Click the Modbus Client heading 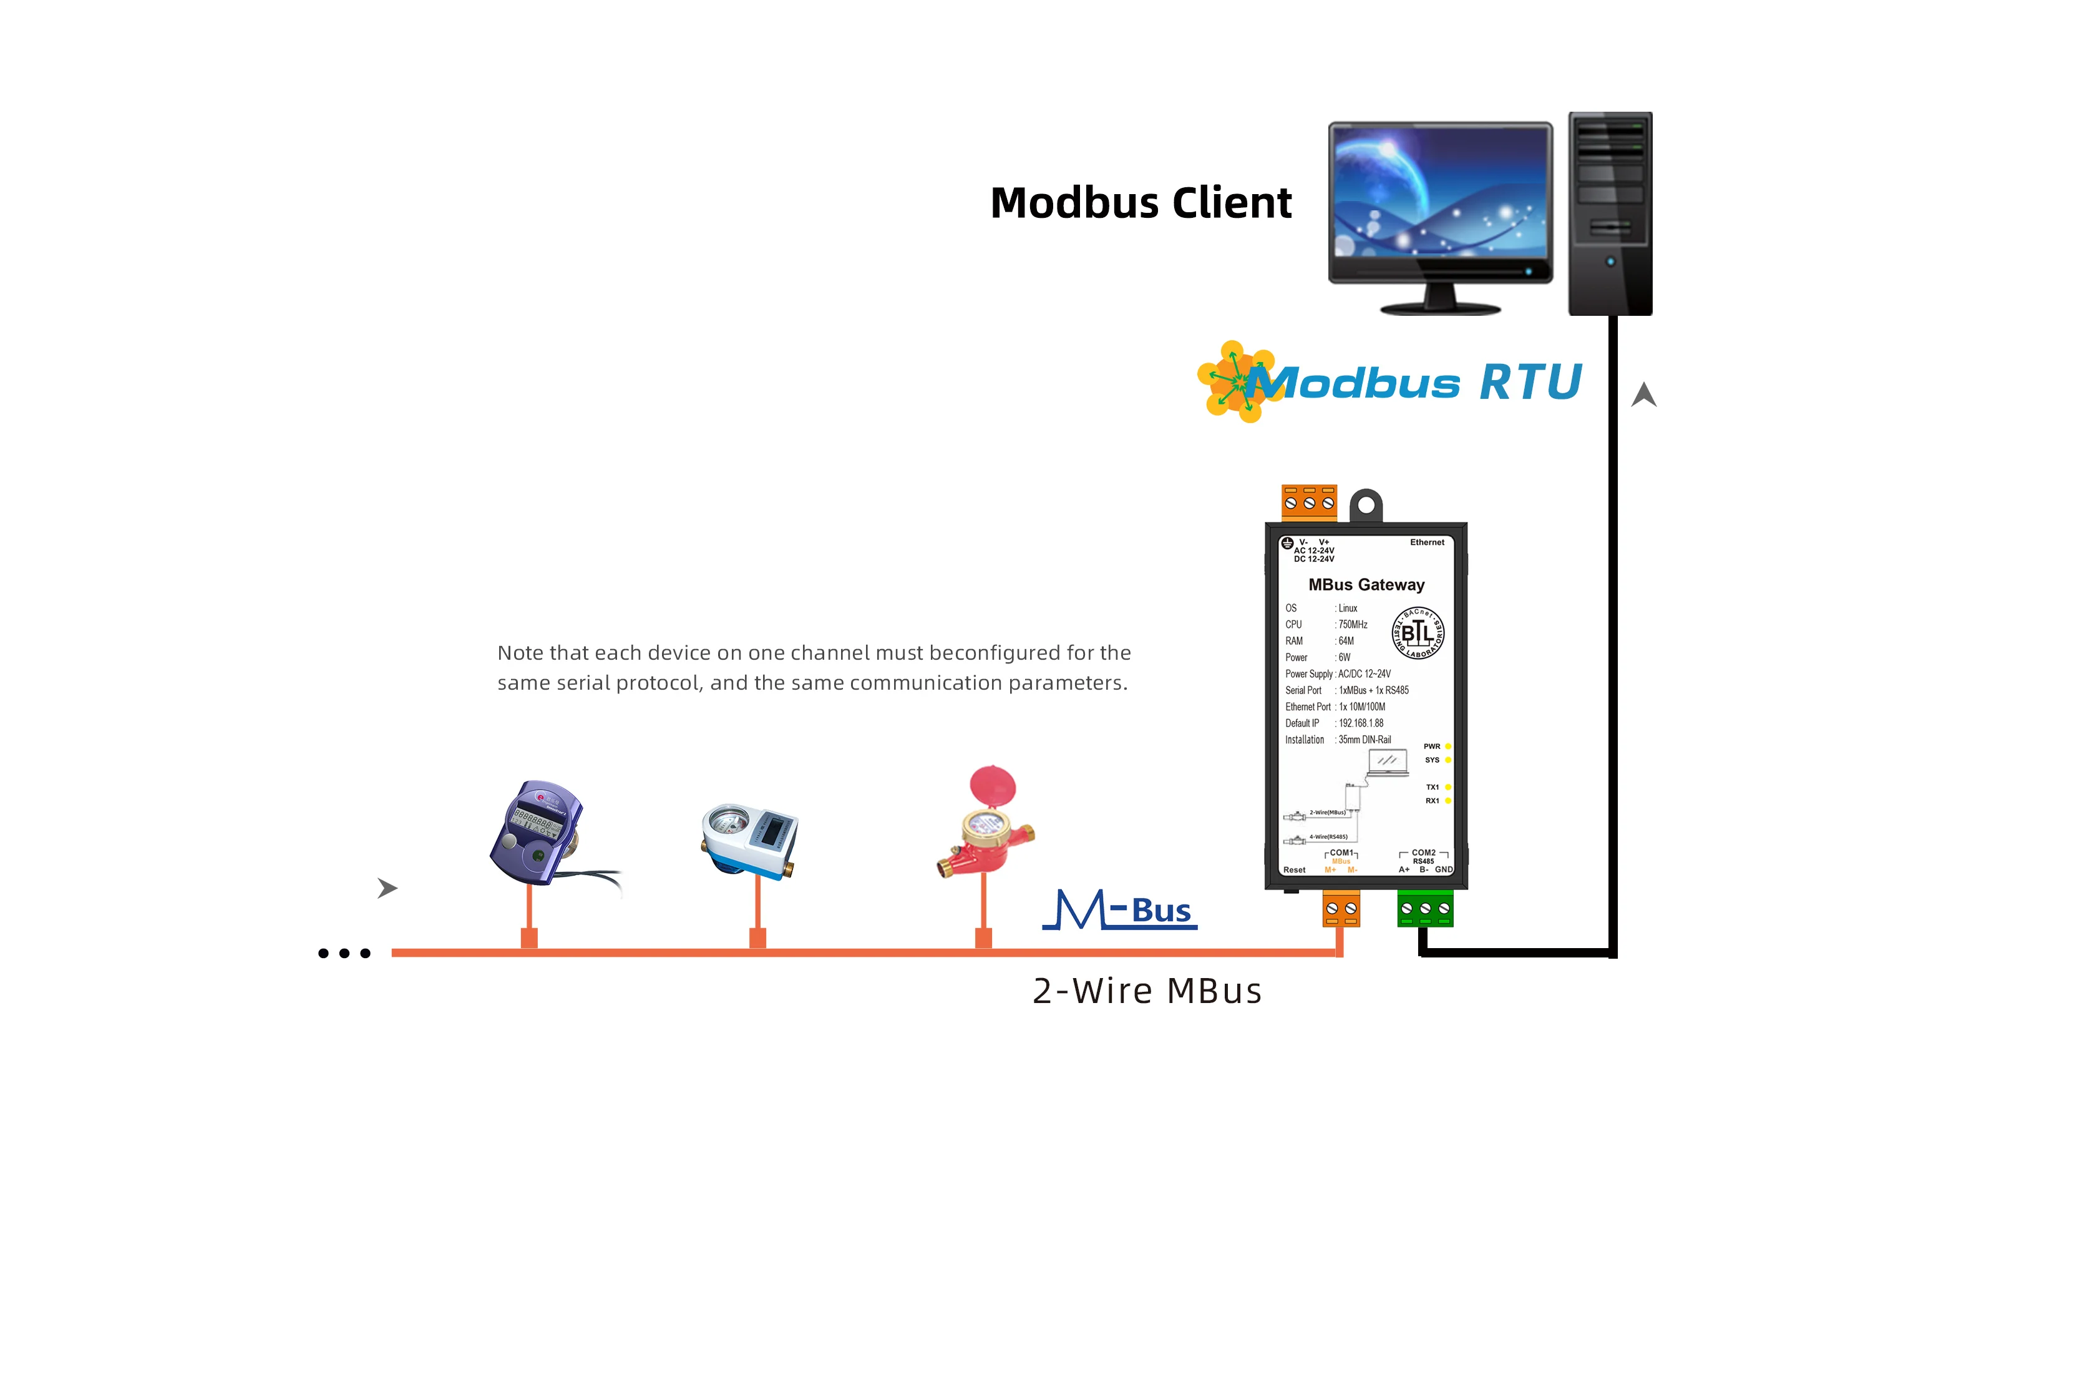[x=1140, y=203]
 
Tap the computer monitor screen [x=1439, y=192]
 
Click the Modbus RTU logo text [x=1414, y=383]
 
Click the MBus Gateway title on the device [x=1366, y=585]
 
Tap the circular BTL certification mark [x=1418, y=633]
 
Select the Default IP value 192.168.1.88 [x=1361, y=723]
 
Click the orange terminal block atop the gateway [x=1308, y=501]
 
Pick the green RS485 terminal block [x=1424, y=909]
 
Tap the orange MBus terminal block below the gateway [x=1341, y=909]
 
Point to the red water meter [x=986, y=826]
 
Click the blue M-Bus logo [x=1120, y=910]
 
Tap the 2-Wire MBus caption [x=1147, y=991]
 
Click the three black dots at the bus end [x=344, y=954]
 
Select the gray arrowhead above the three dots [x=386, y=888]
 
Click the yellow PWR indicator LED [x=1447, y=747]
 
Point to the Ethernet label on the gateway [x=1426, y=542]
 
